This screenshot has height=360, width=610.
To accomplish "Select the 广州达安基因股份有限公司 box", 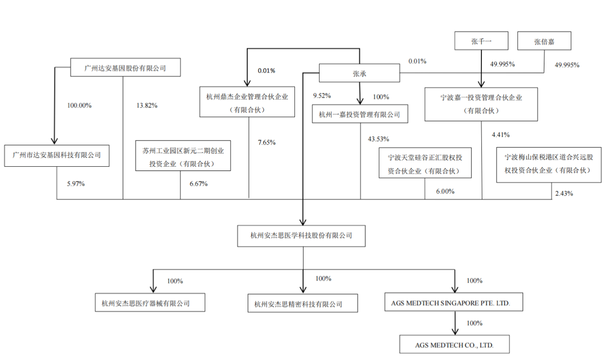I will point(125,67).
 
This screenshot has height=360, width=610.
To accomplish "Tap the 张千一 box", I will point(481,41).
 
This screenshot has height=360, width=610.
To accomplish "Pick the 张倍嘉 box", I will point(544,41).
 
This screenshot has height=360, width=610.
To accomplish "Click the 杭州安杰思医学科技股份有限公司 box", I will point(301,236).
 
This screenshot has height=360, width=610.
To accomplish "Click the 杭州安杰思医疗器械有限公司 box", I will point(150,303).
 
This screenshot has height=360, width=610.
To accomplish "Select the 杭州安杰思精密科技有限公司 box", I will point(302,303).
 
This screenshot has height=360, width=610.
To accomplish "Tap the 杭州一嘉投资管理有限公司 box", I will point(359,115).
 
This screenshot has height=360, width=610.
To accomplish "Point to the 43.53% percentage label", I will point(379,139).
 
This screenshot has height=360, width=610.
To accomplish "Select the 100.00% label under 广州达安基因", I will point(79,105).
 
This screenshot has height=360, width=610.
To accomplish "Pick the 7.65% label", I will point(267,142).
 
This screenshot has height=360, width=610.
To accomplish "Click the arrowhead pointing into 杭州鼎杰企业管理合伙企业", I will point(247,83).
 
